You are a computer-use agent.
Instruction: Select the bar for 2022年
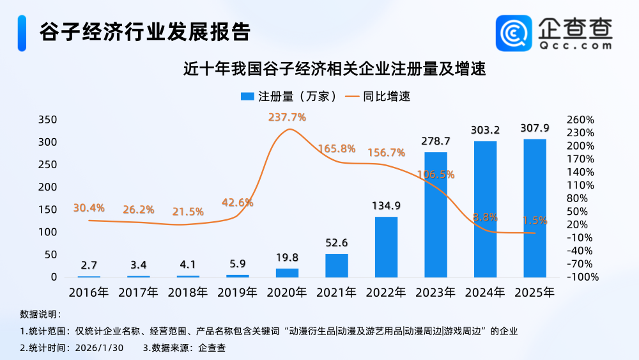tap(386, 246)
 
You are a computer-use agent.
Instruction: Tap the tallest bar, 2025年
tap(535, 208)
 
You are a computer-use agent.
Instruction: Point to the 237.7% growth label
tap(287, 117)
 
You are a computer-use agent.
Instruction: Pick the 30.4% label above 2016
tap(89, 208)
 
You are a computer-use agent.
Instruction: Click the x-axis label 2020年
tap(287, 293)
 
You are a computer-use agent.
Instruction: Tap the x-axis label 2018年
tap(188, 293)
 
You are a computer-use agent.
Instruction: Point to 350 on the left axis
tap(49, 120)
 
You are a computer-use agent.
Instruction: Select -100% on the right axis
tap(581, 277)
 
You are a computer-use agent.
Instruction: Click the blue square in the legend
tap(247, 97)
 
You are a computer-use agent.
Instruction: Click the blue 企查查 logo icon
tap(514, 33)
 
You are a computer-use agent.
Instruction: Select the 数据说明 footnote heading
tap(40, 314)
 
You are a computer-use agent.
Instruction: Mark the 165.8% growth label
tap(337, 148)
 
